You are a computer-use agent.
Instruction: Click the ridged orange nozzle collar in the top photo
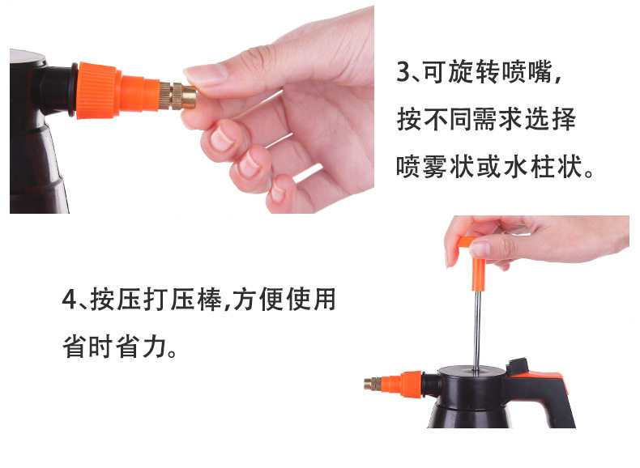pyautogui.click(x=99, y=90)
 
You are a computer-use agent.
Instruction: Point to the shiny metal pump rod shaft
pyautogui.click(x=476, y=330)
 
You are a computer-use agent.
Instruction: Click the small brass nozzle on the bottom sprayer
pyautogui.click(x=373, y=384)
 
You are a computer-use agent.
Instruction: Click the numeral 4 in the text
pyautogui.click(x=69, y=299)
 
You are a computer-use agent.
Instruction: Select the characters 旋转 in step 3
pyautogui.click(x=473, y=72)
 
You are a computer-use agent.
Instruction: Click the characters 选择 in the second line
pyautogui.click(x=550, y=119)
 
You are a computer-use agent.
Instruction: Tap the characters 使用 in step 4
pyautogui.click(x=311, y=299)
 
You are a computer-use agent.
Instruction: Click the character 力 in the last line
pyautogui.click(x=155, y=347)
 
